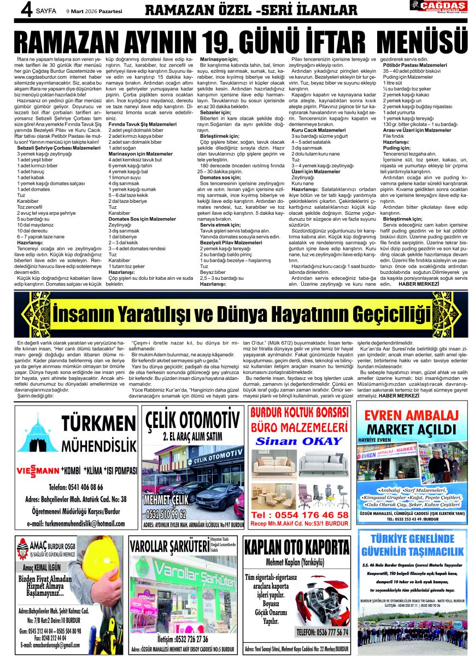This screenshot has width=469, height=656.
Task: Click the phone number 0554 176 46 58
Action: click(x=300, y=515)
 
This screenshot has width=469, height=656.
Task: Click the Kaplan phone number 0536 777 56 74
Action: click(x=321, y=632)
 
